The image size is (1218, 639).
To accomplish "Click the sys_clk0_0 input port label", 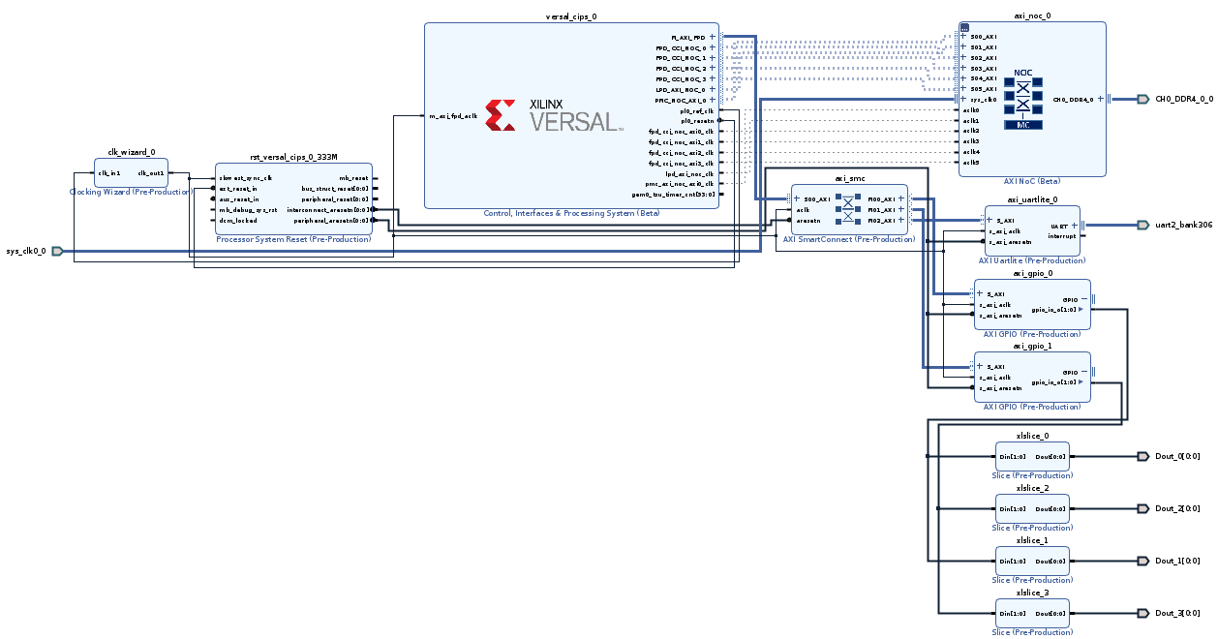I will (25, 251).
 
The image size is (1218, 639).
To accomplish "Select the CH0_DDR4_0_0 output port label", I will (1183, 99).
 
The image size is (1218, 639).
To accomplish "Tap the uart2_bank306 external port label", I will (1183, 226).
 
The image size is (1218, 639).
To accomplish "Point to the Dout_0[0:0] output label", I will (1177, 456).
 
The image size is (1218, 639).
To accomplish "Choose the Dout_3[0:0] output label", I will (1177, 613).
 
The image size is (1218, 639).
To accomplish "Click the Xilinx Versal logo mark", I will (501, 114).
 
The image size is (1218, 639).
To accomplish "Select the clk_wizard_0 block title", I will (131, 152).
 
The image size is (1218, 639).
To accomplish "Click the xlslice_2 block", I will (1032, 508).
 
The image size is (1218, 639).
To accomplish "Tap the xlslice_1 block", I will (1032, 561).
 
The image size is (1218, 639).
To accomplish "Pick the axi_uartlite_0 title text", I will (1032, 199).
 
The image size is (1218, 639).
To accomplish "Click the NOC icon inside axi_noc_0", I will (1022, 100).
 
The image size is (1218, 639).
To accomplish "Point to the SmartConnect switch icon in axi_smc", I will (848, 209).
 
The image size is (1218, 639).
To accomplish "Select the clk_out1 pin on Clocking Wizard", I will (150, 173).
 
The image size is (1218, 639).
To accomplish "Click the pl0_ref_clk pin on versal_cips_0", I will (696, 110).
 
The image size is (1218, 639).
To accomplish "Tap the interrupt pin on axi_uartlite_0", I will (1061, 235).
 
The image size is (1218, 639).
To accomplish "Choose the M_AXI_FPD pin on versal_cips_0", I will (688, 37).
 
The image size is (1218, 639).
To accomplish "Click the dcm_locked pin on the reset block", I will (237, 220).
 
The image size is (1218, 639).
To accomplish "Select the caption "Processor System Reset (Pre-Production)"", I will (293, 239).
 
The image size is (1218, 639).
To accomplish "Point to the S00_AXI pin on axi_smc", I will (816, 198).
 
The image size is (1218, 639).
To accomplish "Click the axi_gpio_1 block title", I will (1032, 346).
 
